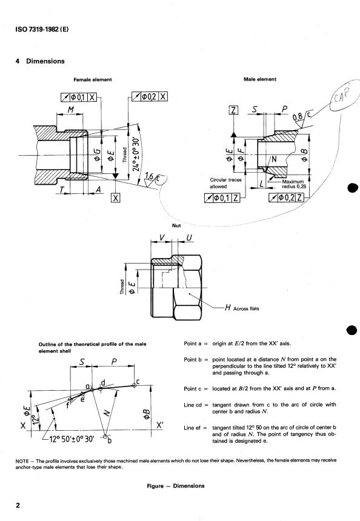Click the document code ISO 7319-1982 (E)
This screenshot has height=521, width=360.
42,29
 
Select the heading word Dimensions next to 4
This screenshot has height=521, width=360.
45,61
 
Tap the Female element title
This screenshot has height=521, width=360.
92,79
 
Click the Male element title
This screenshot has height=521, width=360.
260,79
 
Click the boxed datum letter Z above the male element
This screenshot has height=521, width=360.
234,110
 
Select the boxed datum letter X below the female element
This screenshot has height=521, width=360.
115,197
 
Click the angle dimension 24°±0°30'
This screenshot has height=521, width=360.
136,154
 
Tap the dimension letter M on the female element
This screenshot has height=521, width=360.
71,110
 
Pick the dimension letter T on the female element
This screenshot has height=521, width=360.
61,190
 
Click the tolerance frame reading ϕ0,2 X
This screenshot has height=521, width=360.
150,96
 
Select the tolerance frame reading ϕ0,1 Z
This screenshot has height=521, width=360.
222,197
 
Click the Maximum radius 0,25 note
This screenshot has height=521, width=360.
294,184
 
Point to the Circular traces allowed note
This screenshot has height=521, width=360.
225,183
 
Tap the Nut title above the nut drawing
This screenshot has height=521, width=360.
176,225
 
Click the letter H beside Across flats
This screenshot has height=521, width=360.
228,308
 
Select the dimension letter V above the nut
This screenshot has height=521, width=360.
162,237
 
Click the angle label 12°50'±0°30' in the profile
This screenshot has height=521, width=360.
72,439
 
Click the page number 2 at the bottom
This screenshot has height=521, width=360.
18,505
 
